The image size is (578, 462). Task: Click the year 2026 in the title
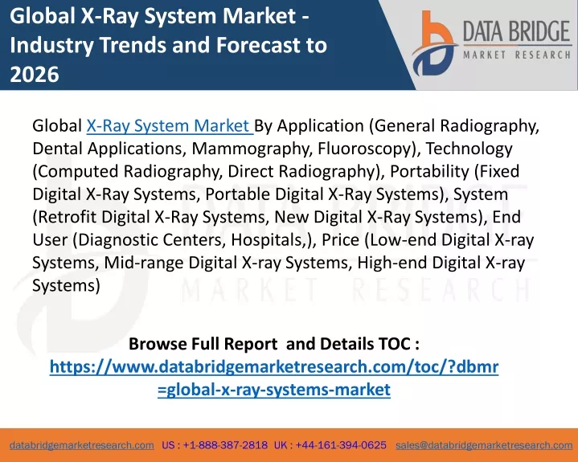(x=35, y=74)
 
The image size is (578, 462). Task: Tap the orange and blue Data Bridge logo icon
(x=434, y=43)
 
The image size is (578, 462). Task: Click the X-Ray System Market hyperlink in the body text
(x=170, y=126)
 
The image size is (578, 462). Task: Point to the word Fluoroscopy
(x=364, y=149)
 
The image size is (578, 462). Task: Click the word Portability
(x=429, y=172)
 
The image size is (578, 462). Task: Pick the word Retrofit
(x=68, y=217)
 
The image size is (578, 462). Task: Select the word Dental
(x=57, y=149)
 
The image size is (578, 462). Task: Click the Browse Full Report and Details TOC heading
(x=274, y=344)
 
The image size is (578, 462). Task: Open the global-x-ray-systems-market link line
(x=274, y=390)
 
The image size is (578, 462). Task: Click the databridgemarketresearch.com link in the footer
(x=82, y=445)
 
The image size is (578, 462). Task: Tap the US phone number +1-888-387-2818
(x=225, y=445)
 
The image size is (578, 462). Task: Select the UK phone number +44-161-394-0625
(x=341, y=445)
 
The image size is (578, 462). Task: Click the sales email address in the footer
(x=484, y=445)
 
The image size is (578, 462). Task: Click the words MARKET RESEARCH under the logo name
(x=517, y=55)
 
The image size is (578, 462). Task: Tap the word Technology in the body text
(x=469, y=149)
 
